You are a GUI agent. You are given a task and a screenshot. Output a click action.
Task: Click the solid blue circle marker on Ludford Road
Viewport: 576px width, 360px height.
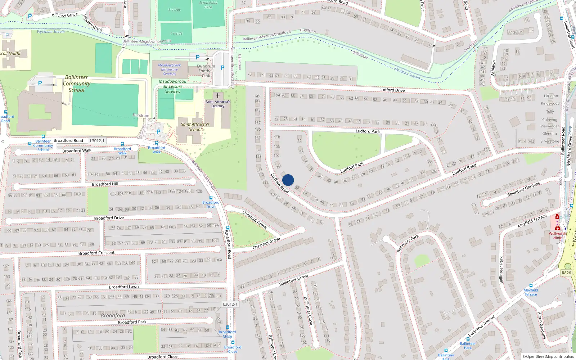[x=288, y=180]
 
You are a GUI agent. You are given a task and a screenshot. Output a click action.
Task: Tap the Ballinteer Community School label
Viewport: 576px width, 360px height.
[x=76, y=84]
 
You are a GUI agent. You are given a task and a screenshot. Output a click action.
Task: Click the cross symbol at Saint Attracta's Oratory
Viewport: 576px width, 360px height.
[x=217, y=96]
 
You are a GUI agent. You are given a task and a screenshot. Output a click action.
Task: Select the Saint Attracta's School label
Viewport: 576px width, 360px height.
[x=195, y=127]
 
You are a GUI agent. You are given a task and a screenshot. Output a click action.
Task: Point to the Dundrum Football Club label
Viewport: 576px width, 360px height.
[x=206, y=71]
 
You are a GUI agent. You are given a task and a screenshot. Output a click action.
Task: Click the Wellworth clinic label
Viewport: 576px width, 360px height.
[x=557, y=235]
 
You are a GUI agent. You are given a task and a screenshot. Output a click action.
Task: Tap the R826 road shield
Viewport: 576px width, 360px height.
[x=566, y=273]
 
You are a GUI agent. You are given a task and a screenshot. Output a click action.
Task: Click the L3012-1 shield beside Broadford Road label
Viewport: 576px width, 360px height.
[x=97, y=141]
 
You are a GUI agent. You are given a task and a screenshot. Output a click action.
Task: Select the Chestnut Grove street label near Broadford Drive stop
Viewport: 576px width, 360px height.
[x=255, y=219]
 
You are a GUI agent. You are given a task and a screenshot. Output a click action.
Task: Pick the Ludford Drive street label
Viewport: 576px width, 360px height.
[x=392, y=90]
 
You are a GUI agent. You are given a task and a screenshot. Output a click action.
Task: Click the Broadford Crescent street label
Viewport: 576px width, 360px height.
[x=96, y=253]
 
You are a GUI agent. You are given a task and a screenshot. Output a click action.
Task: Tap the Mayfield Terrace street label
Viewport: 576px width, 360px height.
[x=532, y=221]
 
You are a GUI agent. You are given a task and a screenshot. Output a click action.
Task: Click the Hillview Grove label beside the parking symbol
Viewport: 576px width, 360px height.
[x=64, y=15]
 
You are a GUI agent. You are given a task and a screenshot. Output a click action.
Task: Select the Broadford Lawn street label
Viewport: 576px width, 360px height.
[x=123, y=287]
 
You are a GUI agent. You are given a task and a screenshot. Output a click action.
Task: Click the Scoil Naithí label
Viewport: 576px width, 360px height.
[x=10, y=54]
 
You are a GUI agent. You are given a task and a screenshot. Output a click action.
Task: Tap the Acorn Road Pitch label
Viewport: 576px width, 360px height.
[x=208, y=5]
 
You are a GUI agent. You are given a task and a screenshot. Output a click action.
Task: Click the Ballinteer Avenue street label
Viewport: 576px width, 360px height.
[x=481, y=326]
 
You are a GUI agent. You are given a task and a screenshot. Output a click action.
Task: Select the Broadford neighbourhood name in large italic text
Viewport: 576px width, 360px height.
[x=113, y=315]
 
